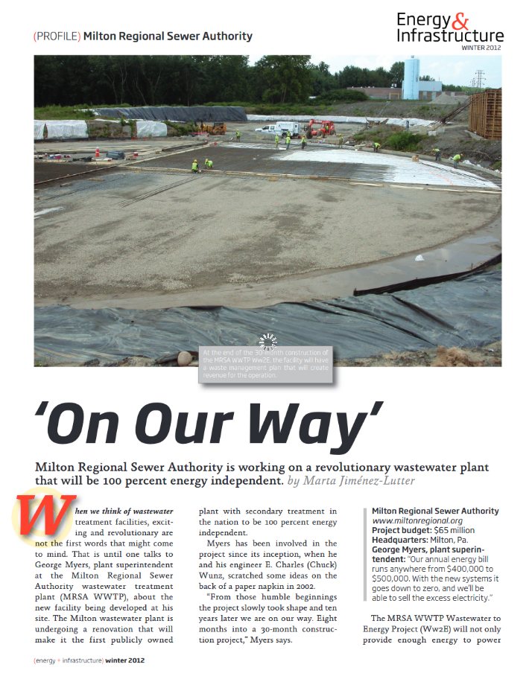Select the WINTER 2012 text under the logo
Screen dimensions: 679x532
click(x=481, y=48)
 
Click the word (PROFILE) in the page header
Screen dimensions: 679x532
click(x=57, y=36)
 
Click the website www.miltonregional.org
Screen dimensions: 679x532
click(x=417, y=521)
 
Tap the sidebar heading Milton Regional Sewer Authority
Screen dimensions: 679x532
click(x=435, y=511)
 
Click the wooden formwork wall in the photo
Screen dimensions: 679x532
click(x=485, y=113)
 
